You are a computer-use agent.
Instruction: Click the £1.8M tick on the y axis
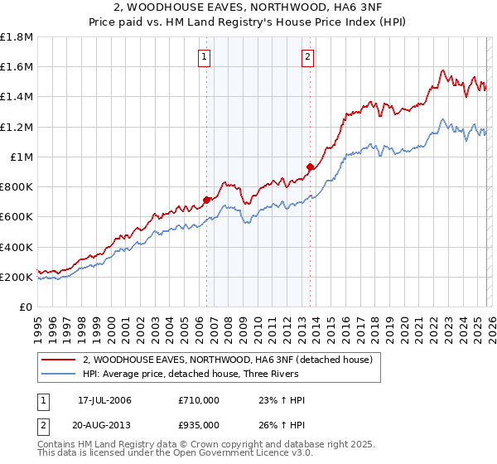tap(17, 37)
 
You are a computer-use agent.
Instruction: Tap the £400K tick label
tap(17, 247)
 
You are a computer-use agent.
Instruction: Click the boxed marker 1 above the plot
tap(204, 57)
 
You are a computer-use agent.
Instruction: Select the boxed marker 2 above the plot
tap(307, 57)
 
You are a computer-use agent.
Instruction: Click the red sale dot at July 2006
tap(206, 200)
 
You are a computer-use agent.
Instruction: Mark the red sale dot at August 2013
tap(310, 167)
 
